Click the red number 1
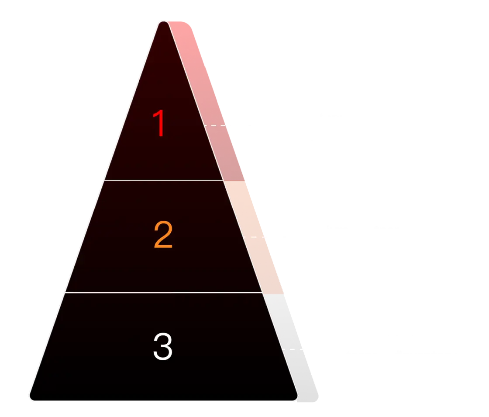click(x=159, y=123)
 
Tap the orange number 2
click(x=163, y=234)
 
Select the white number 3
click(x=163, y=346)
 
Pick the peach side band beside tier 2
click(x=253, y=237)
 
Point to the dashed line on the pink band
click(x=214, y=125)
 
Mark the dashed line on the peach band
click(x=254, y=237)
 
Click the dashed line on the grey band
click(x=293, y=349)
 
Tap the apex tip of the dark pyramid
click(x=163, y=22)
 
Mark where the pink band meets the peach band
click(x=234, y=181)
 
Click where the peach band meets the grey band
click(x=273, y=294)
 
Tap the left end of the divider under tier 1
click(x=104, y=180)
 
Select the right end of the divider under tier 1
click(x=223, y=180)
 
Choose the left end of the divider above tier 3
click(x=65, y=293)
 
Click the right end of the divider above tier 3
click(x=262, y=293)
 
